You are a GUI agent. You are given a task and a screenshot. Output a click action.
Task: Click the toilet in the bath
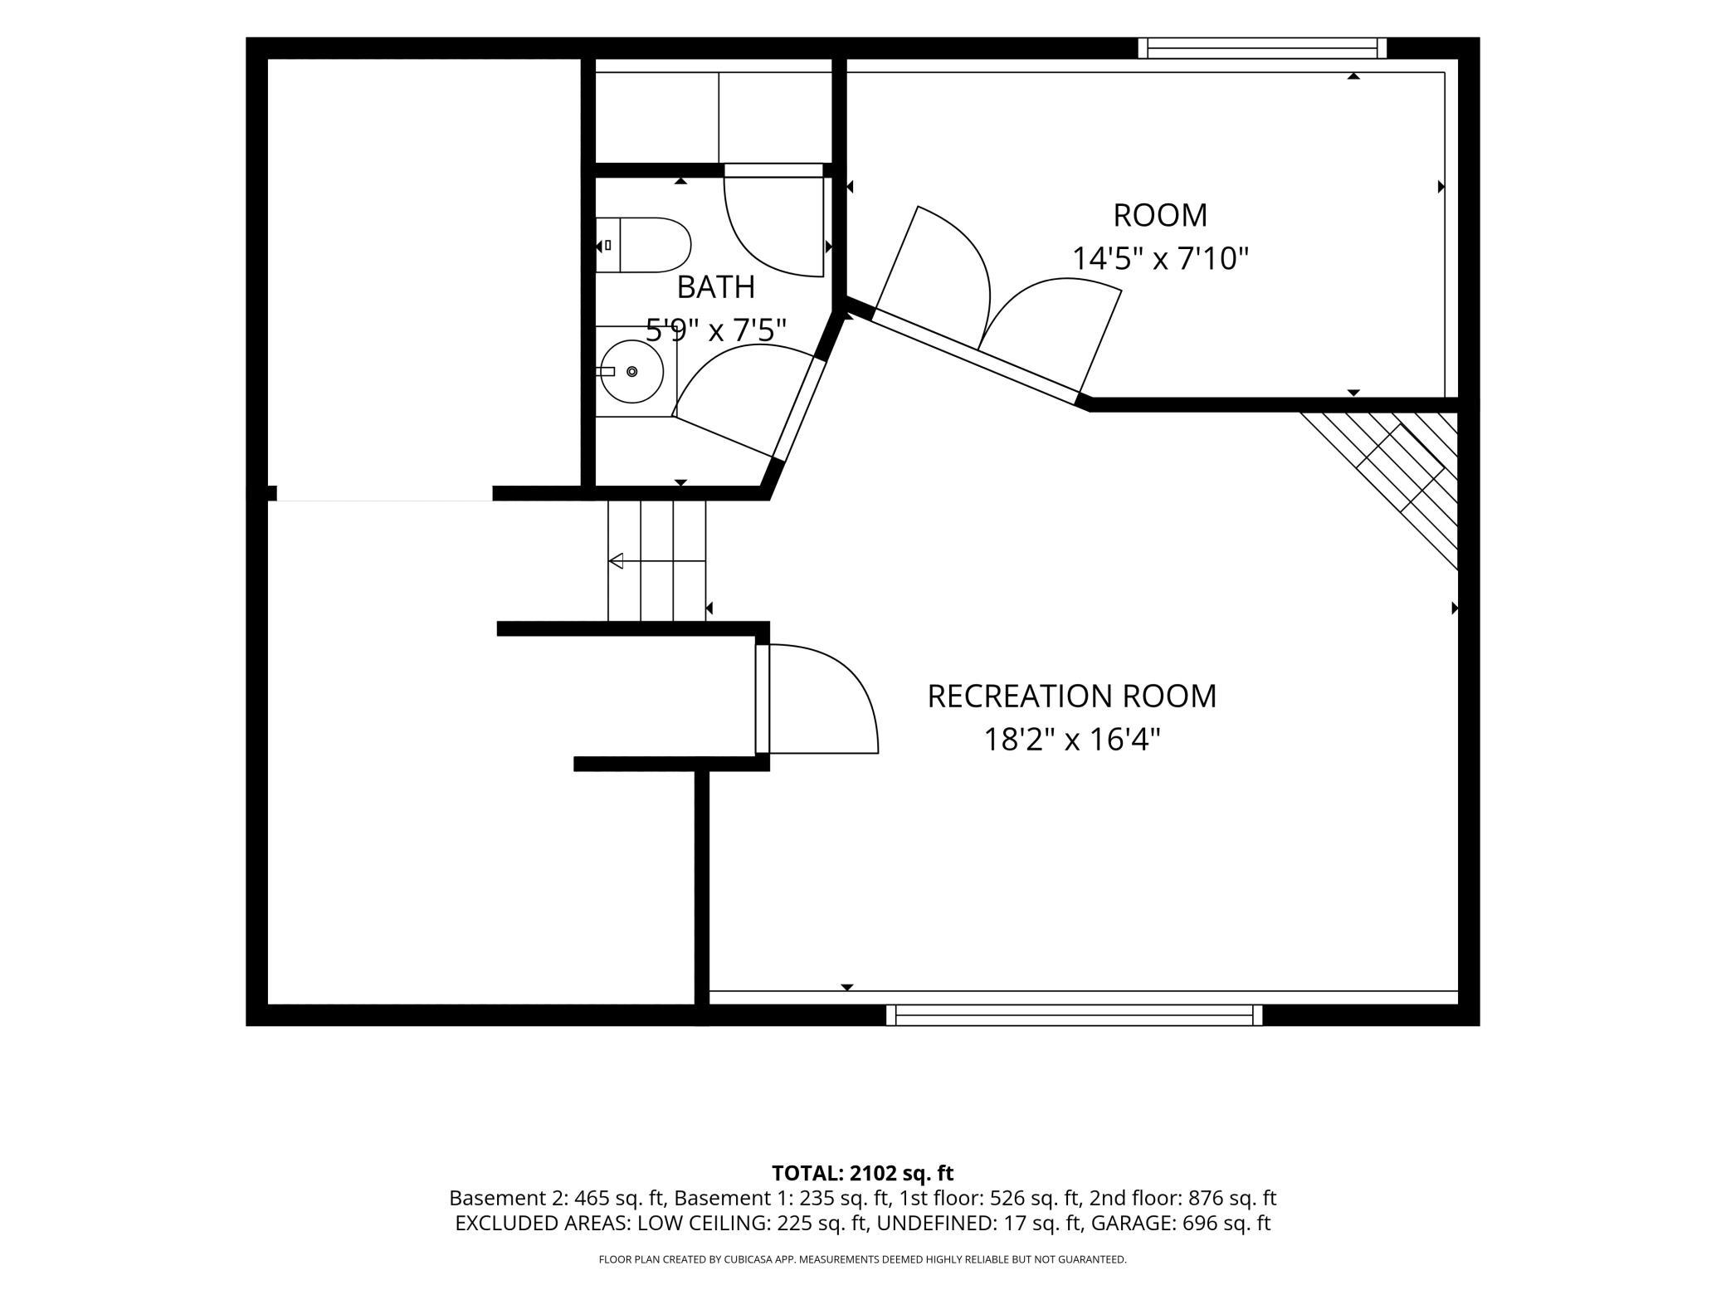click(644, 245)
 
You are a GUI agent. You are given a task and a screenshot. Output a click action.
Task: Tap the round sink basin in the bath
click(631, 372)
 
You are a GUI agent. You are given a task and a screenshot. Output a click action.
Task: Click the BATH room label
click(716, 287)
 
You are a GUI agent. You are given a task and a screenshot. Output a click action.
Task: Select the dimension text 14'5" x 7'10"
click(1160, 258)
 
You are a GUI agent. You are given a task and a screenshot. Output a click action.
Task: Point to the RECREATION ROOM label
click(1072, 696)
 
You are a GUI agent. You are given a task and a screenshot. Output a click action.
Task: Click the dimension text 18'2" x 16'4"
click(1072, 739)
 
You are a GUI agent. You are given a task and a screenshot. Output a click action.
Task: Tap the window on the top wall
click(1262, 48)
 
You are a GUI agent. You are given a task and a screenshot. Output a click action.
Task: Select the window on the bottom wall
click(1074, 1014)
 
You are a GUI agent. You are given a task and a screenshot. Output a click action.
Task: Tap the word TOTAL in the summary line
click(805, 1173)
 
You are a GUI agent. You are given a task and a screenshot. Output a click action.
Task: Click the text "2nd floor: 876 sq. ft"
click(1183, 1198)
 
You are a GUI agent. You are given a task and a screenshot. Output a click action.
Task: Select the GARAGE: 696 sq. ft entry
click(1181, 1223)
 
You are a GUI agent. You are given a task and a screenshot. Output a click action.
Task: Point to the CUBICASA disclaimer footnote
click(863, 1259)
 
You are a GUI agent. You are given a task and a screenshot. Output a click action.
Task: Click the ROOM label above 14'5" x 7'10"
click(1160, 216)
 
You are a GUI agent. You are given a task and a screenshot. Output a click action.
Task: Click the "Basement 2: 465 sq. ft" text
click(557, 1198)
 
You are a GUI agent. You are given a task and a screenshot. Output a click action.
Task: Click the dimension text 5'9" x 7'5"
click(716, 330)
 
